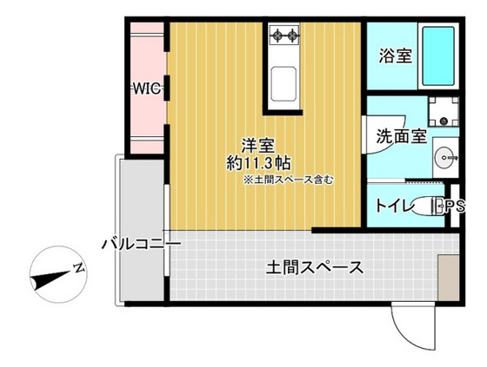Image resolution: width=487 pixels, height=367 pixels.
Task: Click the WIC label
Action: [145, 88]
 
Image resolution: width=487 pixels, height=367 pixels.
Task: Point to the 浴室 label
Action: [395, 56]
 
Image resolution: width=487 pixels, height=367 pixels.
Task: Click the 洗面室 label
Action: [400, 136]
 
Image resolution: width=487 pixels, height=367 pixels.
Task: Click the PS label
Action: [455, 206]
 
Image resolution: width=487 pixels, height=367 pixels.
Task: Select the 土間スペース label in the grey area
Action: [314, 267]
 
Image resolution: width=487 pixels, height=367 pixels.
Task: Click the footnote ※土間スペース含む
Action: [288, 180]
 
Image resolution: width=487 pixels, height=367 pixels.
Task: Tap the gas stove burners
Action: [284, 36]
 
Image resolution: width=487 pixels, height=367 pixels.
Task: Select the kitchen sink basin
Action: [284, 84]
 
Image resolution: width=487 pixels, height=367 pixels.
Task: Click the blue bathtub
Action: [440, 56]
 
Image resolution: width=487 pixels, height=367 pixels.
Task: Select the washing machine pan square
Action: [445, 112]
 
